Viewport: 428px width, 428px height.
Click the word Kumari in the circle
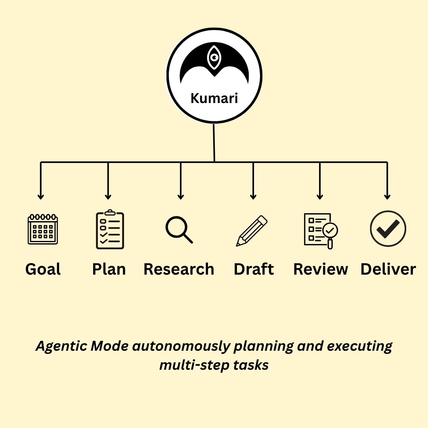pyautogui.click(x=214, y=98)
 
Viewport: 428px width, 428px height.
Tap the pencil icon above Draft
pyautogui.click(x=252, y=231)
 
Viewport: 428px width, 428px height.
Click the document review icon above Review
pyautogui.click(x=321, y=231)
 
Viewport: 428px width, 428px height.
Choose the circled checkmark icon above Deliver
pyautogui.click(x=388, y=229)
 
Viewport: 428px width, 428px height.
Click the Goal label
pyautogui.click(x=43, y=269)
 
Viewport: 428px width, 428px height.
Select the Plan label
pyautogui.click(x=109, y=269)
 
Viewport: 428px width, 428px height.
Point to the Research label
pyautogui.click(x=179, y=269)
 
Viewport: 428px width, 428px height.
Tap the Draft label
pyautogui.click(x=254, y=269)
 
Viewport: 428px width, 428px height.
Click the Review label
pyautogui.click(x=321, y=269)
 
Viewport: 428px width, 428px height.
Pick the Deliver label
pyautogui.click(x=388, y=269)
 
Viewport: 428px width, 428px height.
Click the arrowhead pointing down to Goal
pyautogui.click(x=40, y=196)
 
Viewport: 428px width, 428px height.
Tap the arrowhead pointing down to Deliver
pyautogui.click(x=387, y=196)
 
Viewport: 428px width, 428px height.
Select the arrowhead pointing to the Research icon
pyautogui.click(x=181, y=196)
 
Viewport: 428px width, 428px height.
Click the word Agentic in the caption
pyautogui.click(x=61, y=346)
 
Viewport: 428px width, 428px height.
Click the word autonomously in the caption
pyautogui.click(x=181, y=346)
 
